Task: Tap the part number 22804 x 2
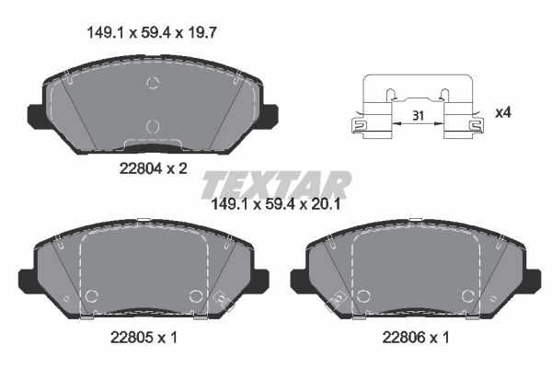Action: tap(153, 168)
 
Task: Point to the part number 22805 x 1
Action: tap(141, 338)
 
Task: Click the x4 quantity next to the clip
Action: tap(503, 112)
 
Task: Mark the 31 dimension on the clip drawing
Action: tap(419, 116)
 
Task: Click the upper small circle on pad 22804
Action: tap(154, 85)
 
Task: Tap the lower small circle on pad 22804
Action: tap(154, 126)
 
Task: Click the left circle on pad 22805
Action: tap(91, 296)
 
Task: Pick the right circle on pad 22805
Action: tap(195, 296)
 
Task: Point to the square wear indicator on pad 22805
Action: tap(220, 298)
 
